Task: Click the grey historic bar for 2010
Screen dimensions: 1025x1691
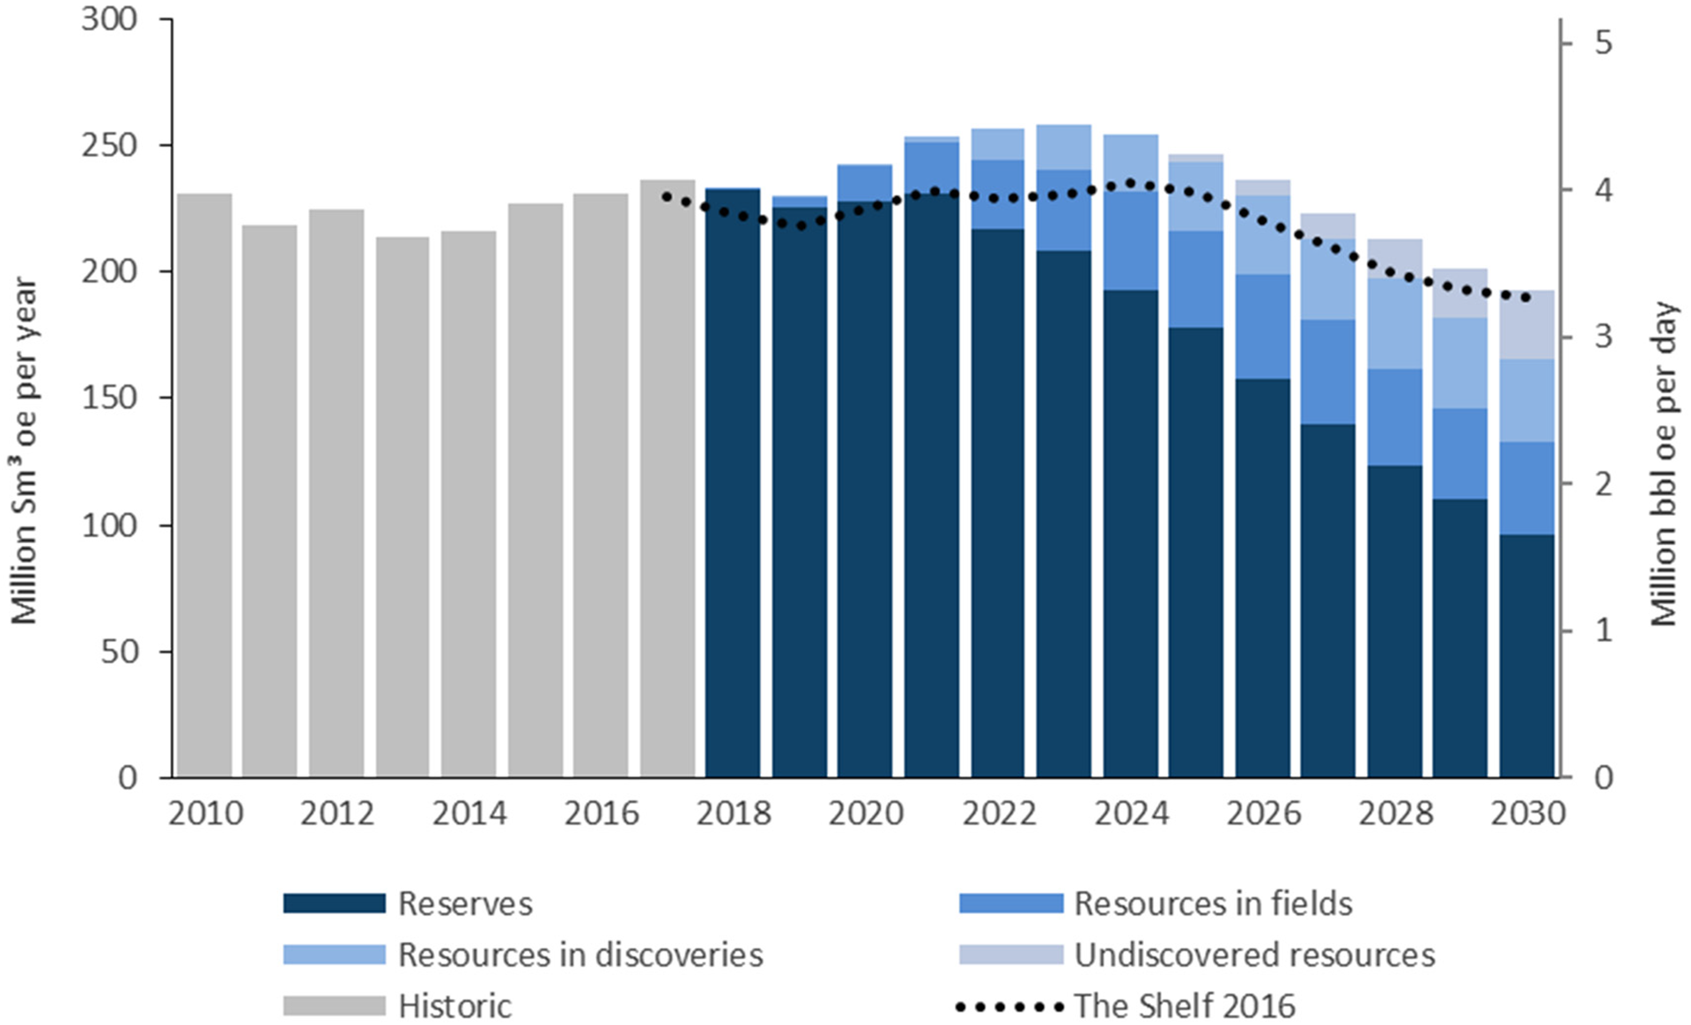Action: tap(204, 484)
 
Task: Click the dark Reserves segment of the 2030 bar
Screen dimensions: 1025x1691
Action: tap(1526, 656)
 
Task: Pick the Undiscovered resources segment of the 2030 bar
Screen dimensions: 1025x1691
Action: tap(1526, 325)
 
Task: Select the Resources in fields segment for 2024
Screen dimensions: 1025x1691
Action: tap(1130, 240)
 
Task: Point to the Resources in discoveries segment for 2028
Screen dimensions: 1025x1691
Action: tap(1394, 323)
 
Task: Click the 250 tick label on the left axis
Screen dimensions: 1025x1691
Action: tap(110, 145)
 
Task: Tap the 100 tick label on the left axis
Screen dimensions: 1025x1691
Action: tap(110, 526)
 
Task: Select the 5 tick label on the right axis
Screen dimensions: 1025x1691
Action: tap(1603, 42)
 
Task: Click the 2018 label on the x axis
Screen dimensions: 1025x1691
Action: tap(734, 814)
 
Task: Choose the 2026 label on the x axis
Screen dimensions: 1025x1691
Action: tap(1263, 814)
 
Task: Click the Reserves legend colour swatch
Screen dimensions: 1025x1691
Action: tap(334, 903)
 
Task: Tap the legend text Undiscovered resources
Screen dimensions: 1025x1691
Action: tap(1254, 955)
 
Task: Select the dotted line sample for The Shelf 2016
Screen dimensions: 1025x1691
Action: tap(1009, 1006)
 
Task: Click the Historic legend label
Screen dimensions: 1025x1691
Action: tap(454, 1006)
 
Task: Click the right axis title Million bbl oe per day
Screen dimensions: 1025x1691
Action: tap(1664, 464)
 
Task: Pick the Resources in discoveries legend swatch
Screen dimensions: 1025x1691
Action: tap(334, 955)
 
